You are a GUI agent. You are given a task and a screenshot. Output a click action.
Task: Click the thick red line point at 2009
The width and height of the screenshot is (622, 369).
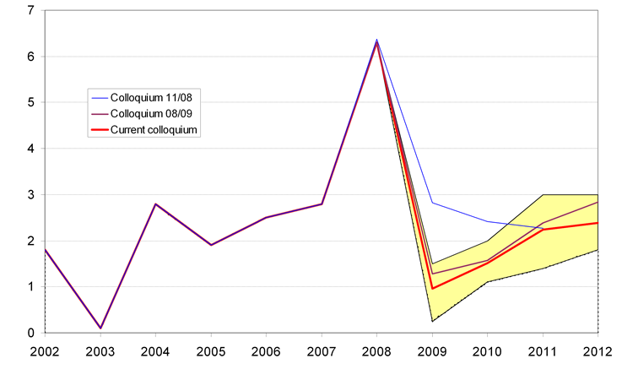coord(431,289)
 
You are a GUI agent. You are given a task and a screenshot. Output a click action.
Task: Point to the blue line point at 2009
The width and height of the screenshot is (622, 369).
coord(431,203)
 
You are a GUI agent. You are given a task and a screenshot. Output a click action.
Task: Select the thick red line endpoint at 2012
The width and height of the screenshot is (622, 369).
coord(597,223)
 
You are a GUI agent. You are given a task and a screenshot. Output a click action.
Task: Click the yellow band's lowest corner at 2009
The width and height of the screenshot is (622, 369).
coord(431,321)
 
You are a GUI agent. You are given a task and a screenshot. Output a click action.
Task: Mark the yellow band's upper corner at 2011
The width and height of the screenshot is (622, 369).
coord(541,195)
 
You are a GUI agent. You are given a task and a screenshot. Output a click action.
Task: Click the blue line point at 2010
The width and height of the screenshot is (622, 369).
coord(486,221)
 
